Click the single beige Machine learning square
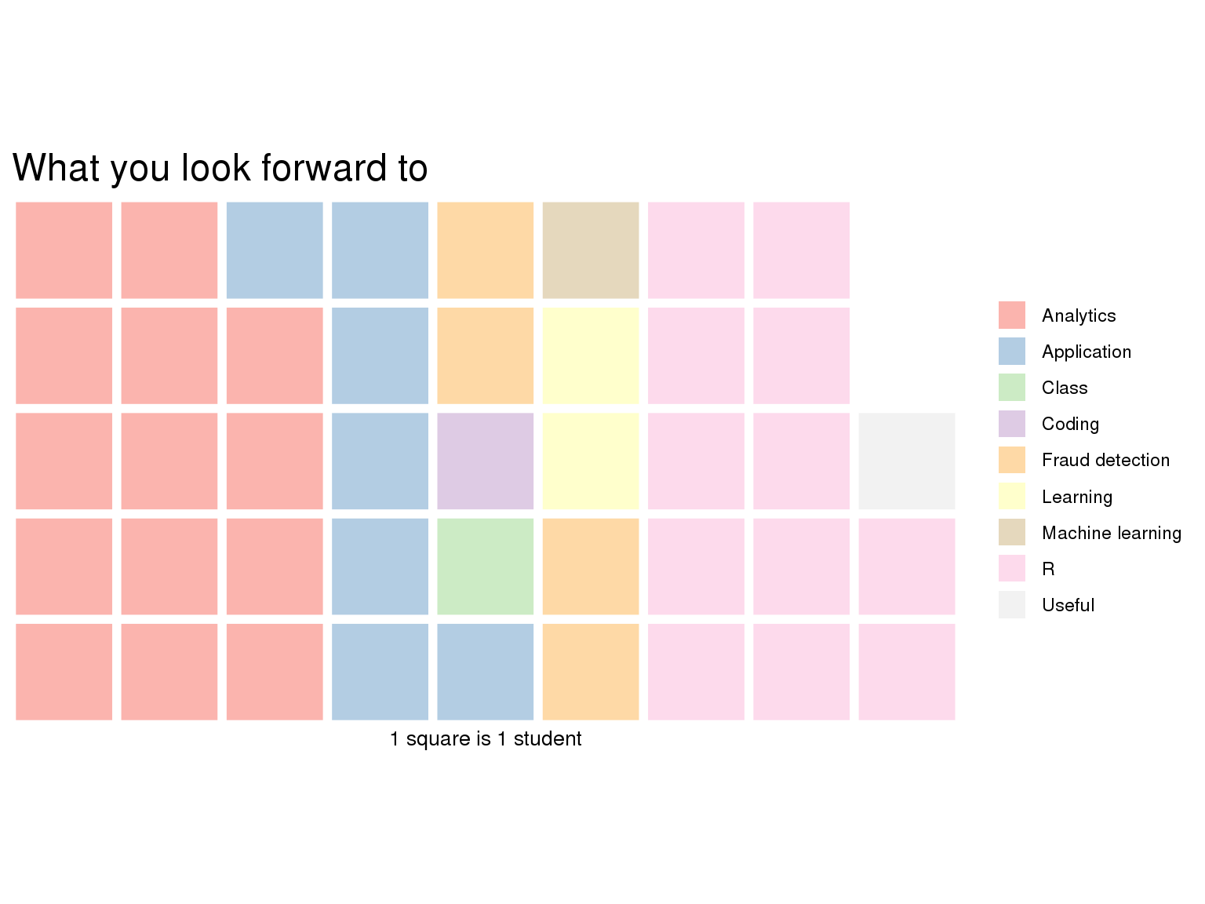(590, 250)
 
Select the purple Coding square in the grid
(485, 461)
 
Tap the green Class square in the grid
(485, 567)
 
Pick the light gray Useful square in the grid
(906, 461)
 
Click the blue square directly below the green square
(485, 672)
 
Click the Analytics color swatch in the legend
(1012, 315)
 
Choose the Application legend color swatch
(1012, 352)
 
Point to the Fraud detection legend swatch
(1012, 460)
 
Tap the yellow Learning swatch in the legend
(1012, 496)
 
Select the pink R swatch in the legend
(1012, 568)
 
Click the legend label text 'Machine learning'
(1112, 533)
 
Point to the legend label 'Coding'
(1071, 425)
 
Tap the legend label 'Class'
(1065, 388)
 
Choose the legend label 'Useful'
(1068, 605)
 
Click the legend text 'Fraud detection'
(1105, 460)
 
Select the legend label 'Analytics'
(1079, 315)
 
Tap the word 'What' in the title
(56, 167)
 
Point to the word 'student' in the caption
(548, 738)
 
